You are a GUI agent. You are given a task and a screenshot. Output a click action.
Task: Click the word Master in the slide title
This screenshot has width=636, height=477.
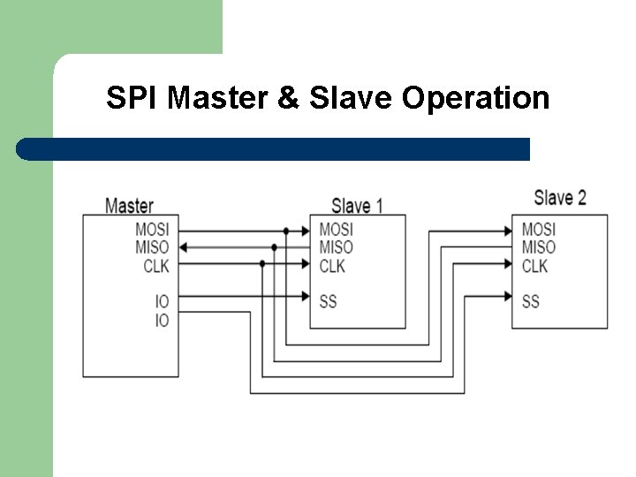coord(217,97)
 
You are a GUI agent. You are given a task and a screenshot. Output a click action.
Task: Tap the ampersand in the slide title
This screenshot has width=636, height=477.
coord(288,97)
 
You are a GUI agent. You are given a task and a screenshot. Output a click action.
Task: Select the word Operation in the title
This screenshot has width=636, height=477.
coord(475,97)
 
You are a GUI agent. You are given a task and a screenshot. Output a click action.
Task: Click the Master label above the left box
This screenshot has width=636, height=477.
coord(129,206)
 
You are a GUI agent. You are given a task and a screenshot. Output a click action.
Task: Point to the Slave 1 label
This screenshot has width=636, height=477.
coord(357,207)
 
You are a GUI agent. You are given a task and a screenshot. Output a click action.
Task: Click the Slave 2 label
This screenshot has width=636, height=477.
coord(560,197)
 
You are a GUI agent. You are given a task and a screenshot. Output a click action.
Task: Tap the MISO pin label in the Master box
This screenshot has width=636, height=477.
coord(152,247)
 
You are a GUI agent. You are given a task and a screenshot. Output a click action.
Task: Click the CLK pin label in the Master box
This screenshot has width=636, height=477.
coord(155,265)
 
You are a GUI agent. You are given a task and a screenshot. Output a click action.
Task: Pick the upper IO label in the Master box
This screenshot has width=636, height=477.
coord(162,302)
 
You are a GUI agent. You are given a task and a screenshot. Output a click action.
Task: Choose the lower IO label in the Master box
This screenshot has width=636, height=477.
coord(162,320)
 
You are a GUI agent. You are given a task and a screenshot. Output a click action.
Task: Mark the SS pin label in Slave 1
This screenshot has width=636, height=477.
coord(328,301)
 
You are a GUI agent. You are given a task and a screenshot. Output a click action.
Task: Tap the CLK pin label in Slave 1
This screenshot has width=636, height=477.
coord(332,266)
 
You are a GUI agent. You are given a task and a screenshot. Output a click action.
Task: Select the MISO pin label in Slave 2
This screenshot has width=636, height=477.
coord(538,247)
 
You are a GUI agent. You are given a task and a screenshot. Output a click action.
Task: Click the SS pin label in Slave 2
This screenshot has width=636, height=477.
coord(530,301)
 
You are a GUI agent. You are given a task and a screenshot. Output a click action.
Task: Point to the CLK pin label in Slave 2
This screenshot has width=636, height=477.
coord(534,266)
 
